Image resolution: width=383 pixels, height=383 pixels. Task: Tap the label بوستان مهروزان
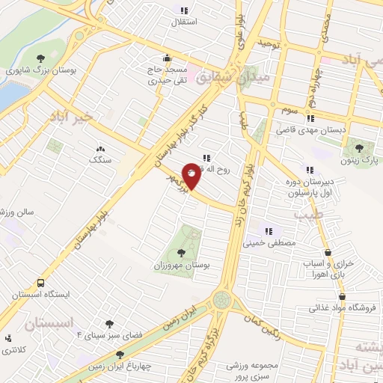[x=183, y=266]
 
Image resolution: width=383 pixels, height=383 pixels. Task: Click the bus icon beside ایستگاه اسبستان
[x=40, y=284]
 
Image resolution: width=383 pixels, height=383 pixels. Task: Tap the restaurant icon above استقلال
[x=184, y=10]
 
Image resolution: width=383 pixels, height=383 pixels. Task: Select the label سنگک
[x=99, y=159]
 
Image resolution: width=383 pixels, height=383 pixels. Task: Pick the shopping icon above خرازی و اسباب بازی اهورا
[x=327, y=252]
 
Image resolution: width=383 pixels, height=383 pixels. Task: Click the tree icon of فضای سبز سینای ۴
[x=109, y=324]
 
